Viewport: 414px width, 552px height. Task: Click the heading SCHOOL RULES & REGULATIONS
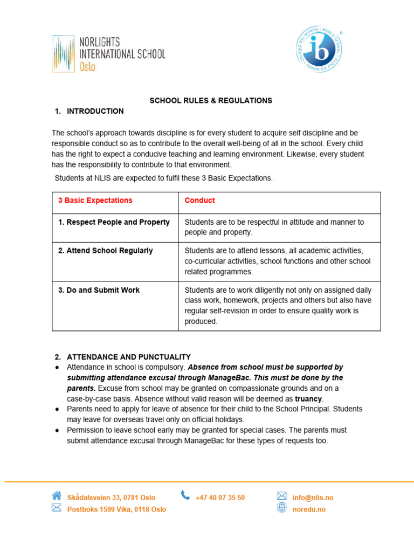(x=211, y=101)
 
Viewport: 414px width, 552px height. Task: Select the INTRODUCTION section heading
(x=95, y=112)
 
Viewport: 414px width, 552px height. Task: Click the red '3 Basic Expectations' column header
(x=95, y=201)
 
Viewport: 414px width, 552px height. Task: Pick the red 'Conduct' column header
(x=199, y=201)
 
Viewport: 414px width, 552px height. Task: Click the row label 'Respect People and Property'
(x=114, y=222)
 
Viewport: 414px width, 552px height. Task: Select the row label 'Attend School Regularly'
(x=105, y=251)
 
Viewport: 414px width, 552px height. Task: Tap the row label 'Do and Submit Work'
(x=99, y=290)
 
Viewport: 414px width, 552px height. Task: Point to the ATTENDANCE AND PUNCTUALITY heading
(x=128, y=357)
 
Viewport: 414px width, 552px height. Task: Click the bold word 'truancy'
(x=308, y=399)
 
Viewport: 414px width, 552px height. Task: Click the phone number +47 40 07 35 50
(x=220, y=498)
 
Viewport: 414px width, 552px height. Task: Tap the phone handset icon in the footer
(x=185, y=495)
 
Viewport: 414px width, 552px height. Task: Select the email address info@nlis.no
(x=313, y=498)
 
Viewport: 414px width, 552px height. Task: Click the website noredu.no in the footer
(x=309, y=509)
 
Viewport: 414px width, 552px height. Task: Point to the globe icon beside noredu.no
(x=281, y=508)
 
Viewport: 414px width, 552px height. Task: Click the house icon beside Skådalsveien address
(x=57, y=495)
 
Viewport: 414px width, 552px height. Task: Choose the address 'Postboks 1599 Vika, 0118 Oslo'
(x=116, y=509)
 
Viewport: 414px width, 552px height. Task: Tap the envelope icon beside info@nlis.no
(x=281, y=495)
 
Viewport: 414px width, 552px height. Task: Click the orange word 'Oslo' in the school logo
(x=87, y=67)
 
